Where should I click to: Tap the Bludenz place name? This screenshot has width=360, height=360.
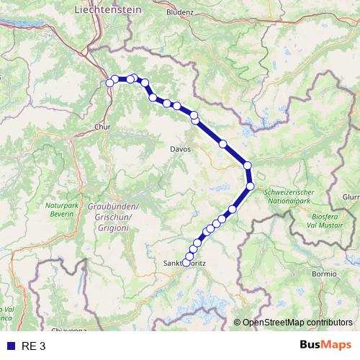click(179, 12)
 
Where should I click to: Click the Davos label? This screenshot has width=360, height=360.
click(178, 149)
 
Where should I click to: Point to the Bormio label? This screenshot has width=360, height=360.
click(325, 274)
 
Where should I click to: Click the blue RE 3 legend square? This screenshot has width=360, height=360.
click(11, 346)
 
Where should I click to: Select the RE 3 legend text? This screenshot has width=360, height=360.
click(34, 346)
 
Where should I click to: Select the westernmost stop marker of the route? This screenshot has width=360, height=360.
click(110, 83)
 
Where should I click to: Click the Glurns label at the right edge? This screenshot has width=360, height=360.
click(351, 197)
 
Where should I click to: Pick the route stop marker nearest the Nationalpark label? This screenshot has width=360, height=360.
click(251, 186)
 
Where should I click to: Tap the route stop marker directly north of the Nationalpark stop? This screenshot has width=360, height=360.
click(248, 166)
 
